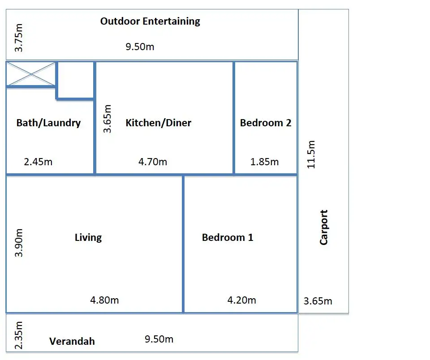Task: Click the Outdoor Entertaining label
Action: point(150,21)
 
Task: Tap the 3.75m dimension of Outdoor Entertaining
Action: point(19,38)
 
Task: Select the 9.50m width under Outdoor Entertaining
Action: point(140,47)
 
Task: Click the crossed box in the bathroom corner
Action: point(31,74)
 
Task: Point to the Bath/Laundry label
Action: point(48,123)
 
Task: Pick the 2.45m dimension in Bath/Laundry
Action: point(38,162)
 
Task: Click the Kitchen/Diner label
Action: point(158,123)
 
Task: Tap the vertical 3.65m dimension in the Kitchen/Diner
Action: point(107,119)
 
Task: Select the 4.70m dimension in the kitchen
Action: point(153,162)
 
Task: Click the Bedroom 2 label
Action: point(266,123)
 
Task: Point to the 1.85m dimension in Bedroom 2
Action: point(264,162)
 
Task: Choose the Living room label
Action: point(88,237)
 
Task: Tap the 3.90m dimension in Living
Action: point(19,243)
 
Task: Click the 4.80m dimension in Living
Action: point(104,300)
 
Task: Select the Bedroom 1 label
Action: point(228,237)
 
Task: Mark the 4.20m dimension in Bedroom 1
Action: point(241,300)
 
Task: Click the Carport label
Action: point(323,227)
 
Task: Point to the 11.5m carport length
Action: point(311,154)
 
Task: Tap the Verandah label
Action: point(72,341)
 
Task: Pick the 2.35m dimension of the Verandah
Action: point(19,335)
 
